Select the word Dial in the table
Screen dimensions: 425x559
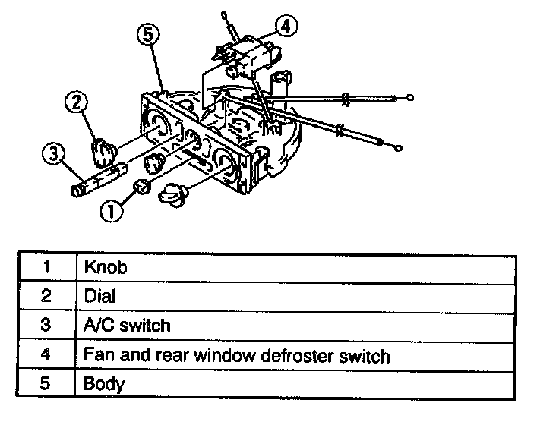(99, 297)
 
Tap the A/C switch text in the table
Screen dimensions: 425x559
(126, 326)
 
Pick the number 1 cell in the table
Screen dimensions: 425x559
(46, 268)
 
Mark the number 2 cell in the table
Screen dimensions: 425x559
(46, 297)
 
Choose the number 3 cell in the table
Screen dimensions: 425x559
(46, 326)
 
